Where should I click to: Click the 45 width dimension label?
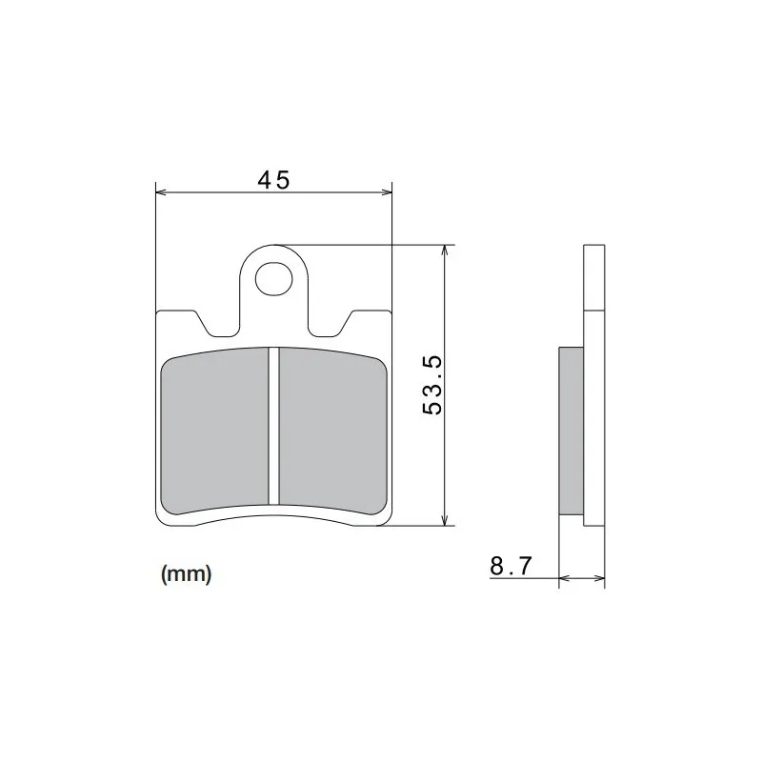(x=273, y=180)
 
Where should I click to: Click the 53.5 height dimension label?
(x=432, y=385)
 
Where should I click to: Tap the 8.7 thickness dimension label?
(x=511, y=566)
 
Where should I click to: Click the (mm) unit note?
(x=186, y=574)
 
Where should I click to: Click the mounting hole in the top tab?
(x=274, y=278)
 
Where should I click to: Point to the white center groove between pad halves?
(x=274, y=426)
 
